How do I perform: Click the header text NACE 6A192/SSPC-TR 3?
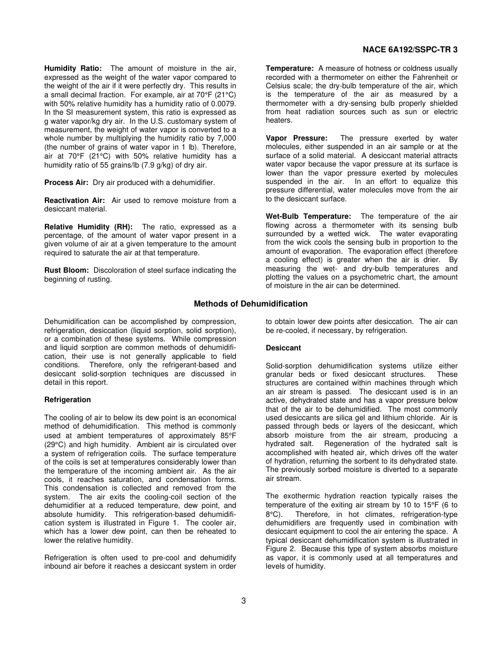pos(410,49)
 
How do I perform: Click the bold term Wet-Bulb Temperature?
pos(308,216)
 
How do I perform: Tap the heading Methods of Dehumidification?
pos(250,304)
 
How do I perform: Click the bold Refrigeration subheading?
pos(68,400)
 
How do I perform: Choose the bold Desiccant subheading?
pos(283,348)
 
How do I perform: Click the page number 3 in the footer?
pos(244,600)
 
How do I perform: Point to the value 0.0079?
pos(222,103)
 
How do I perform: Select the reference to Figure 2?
pos(280,549)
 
